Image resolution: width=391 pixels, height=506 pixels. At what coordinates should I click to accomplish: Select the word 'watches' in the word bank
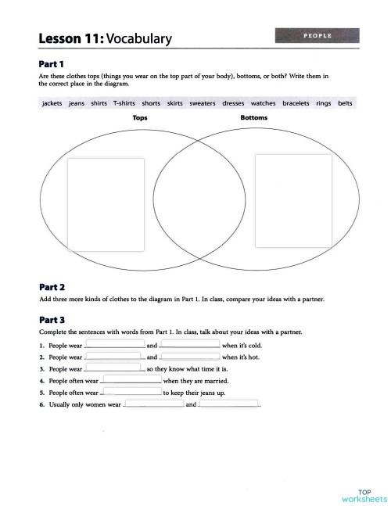click(x=263, y=103)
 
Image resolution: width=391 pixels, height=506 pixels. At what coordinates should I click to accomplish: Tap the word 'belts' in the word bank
click(x=345, y=103)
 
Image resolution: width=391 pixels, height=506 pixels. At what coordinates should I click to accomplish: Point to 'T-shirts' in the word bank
click(x=124, y=103)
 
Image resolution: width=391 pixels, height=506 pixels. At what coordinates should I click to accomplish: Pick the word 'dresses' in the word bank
click(x=233, y=103)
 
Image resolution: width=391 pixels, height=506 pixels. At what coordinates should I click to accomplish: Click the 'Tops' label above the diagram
click(x=140, y=118)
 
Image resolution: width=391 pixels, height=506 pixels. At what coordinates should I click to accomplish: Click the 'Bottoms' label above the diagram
click(x=253, y=118)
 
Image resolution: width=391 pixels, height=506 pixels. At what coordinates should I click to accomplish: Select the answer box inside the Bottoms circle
click(x=293, y=199)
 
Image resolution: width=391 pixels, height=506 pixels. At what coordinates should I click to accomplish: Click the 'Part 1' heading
click(x=52, y=63)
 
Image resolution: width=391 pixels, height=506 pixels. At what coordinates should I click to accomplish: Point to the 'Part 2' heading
click(x=52, y=287)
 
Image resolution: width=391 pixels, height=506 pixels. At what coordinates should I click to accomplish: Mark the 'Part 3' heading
click(x=52, y=320)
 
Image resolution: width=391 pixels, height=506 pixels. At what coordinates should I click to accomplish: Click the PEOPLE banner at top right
click(x=317, y=35)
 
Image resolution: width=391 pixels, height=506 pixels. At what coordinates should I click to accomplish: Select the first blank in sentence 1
click(x=114, y=344)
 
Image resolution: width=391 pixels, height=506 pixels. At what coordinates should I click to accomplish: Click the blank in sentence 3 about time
click(x=114, y=368)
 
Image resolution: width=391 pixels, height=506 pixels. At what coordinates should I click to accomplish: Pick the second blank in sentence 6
click(x=228, y=405)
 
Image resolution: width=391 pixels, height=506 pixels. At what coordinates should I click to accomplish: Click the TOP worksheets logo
click(x=364, y=494)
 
